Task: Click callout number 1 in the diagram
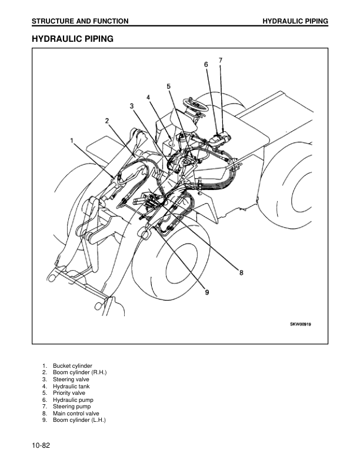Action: pos(72,141)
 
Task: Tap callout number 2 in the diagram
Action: pos(107,121)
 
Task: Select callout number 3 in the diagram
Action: pos(132,105)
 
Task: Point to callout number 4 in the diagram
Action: pos(149,97)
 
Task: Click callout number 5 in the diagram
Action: pos(168,86)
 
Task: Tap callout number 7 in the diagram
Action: pos(220,60)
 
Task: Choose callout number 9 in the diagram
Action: pos(207,293)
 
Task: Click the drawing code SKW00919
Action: pos(301,324)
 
